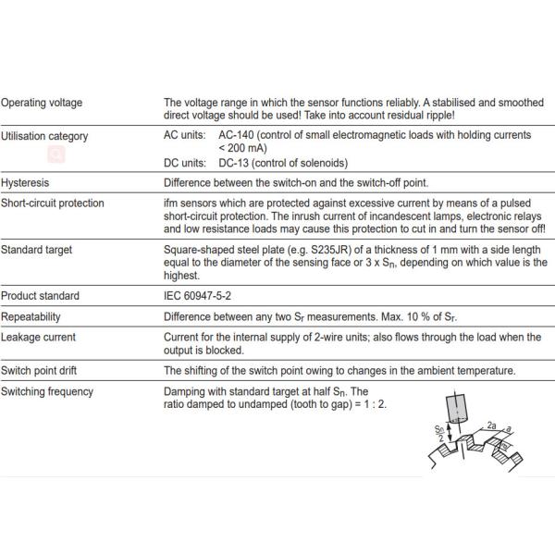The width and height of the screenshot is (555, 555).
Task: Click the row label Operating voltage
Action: coord(42,103)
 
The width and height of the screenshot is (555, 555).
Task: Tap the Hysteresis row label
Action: coord(26,182)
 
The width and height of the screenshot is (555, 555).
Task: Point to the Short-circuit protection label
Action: coord(52,203)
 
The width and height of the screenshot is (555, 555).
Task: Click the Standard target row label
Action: coord(37,250)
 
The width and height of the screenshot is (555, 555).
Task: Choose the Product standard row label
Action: coord(41,296)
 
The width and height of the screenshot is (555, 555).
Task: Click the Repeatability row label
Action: coord(31,317)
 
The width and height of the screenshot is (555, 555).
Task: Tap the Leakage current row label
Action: coord(38,338)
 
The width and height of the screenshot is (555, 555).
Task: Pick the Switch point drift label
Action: coord(40,371)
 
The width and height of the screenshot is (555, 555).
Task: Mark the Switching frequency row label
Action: coord(47,391)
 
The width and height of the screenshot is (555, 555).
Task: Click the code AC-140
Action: coord(240,135)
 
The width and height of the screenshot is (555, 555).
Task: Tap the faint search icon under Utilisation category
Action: coord(56,154)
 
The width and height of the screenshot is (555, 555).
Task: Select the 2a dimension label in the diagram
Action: coord(491,425)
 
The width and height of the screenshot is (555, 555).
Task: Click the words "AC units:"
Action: coord(185,135)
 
